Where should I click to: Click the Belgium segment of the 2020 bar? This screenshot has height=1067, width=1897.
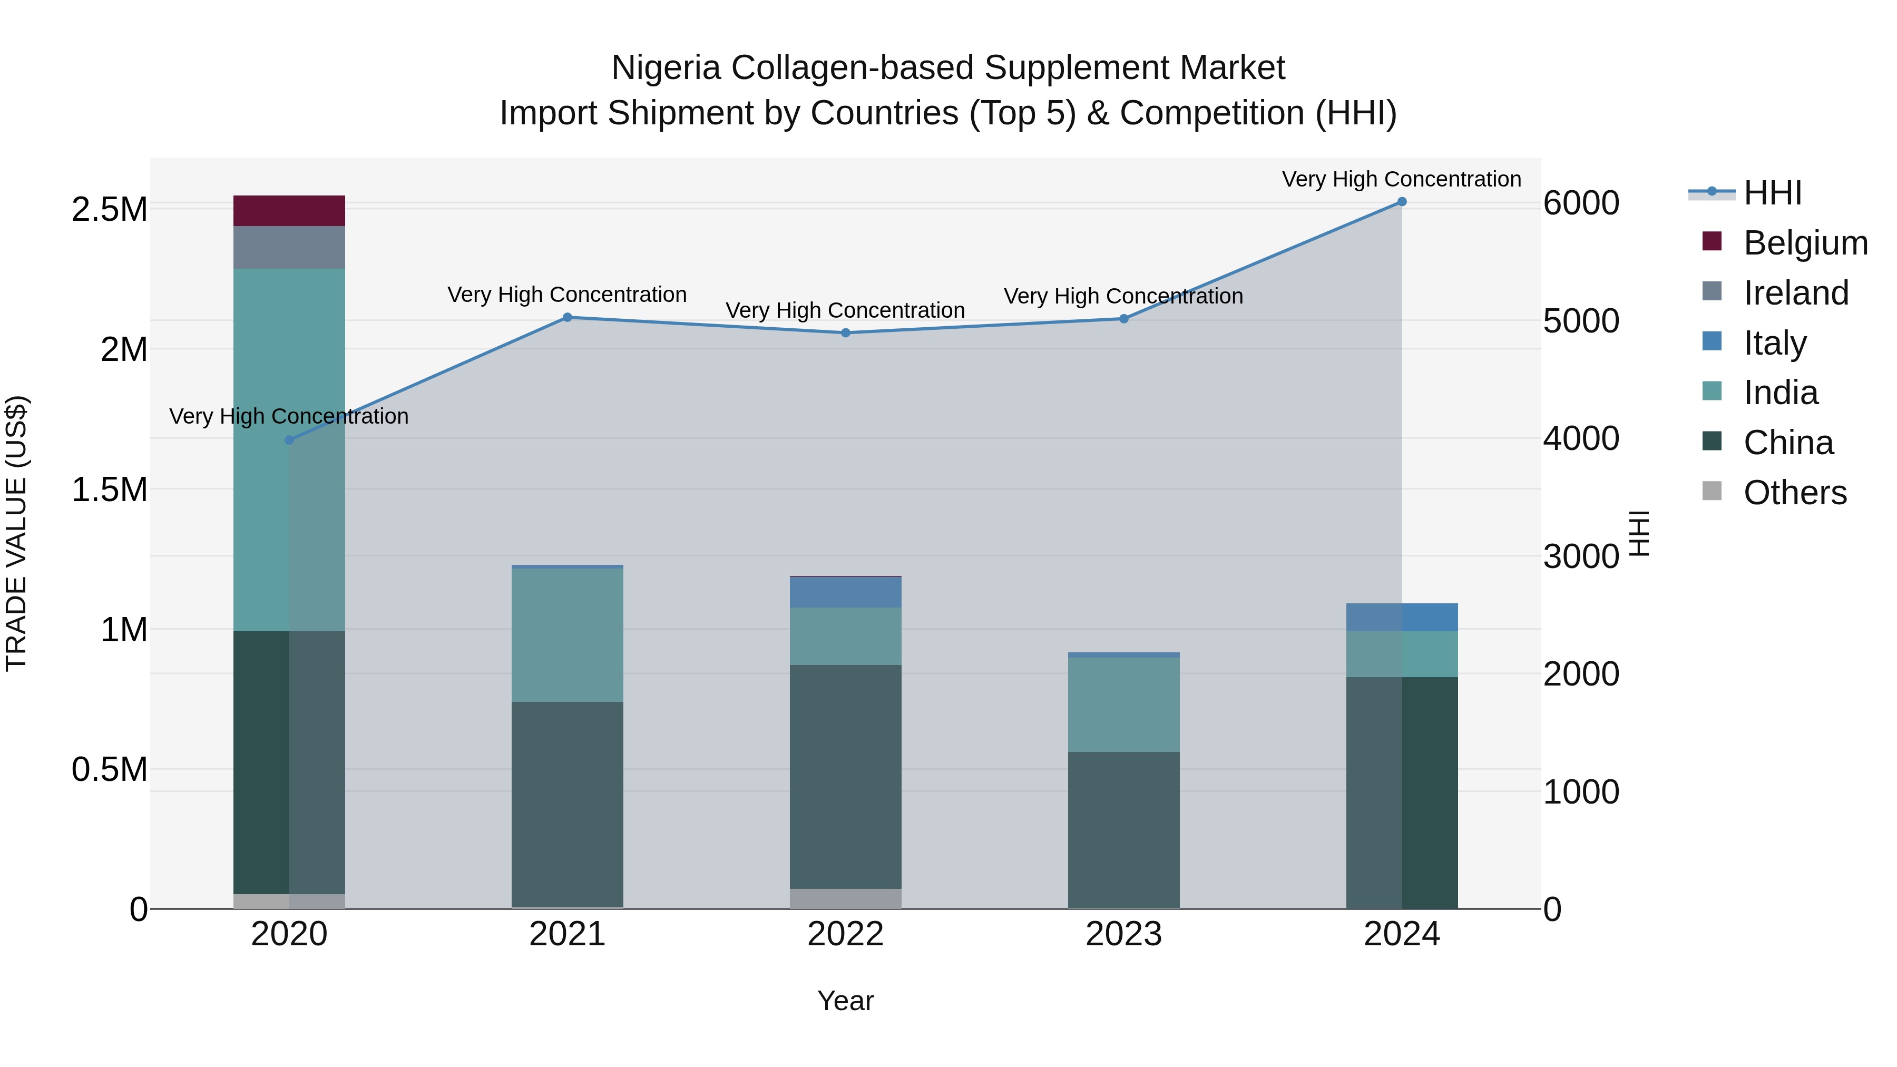point(289,211)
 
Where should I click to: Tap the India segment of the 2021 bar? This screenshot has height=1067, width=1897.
point(567,635)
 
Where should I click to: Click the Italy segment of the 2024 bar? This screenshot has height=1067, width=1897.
point(1401,617)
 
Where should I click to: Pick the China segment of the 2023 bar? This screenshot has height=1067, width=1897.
point(1123,830)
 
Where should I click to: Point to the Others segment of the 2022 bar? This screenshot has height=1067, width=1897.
point(845,898)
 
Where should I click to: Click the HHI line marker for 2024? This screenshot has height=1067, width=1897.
point(1401,202)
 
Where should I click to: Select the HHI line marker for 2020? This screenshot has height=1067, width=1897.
point(289,439)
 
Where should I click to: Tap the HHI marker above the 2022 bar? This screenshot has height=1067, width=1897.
point(845,333)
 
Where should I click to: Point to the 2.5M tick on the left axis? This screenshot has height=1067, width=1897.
point(109,210)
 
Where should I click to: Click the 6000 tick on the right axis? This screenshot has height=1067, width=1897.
point(1580,203)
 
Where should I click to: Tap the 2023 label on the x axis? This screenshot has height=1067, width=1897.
point(1123,934)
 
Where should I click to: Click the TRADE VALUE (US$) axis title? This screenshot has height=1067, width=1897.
point(16,533)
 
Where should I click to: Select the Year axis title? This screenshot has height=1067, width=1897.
point(845,1001)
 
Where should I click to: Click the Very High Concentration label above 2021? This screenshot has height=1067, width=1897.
point(567,295)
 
